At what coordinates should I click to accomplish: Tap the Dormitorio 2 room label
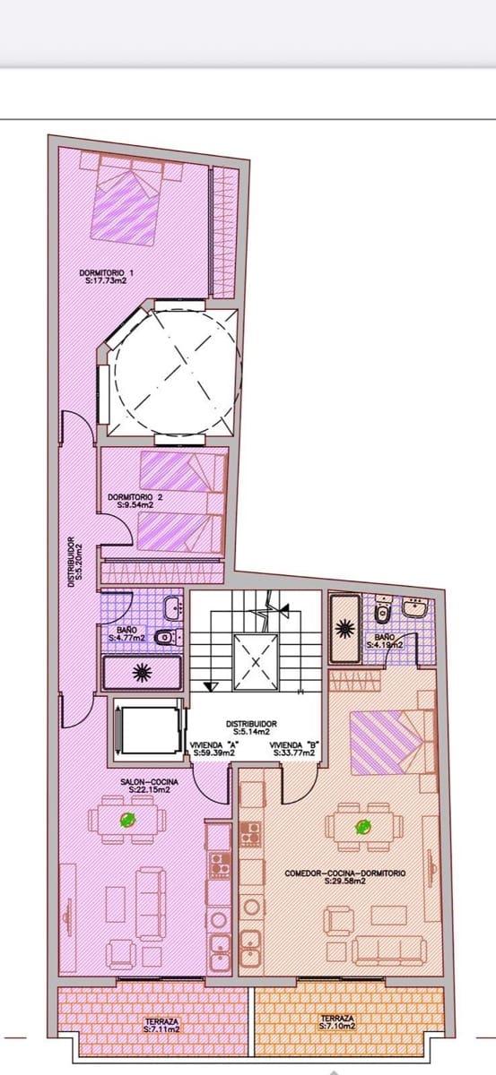click(135, 500)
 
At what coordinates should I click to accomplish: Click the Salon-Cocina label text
click(150, 785)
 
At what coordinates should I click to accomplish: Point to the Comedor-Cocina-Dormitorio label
click(345, 876)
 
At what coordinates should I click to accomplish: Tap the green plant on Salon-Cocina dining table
click(127, 819)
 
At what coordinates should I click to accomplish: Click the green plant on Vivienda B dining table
click(363, 827)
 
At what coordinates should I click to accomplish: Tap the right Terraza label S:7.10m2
click(337, 1022)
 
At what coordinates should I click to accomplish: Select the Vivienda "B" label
click(292, 749)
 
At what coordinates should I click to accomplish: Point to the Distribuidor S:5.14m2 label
click(251, 727)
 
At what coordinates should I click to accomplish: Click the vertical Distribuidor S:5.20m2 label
click(74, 560)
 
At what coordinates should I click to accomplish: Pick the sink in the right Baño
click(414, 609)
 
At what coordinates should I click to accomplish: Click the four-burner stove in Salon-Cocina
click(218, 864)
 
